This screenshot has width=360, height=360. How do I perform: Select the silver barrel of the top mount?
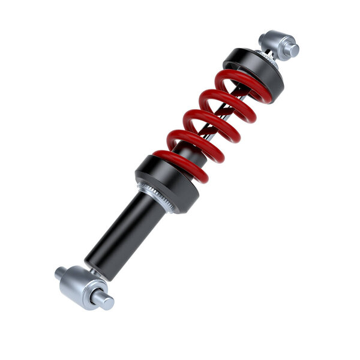[x=276, y=42]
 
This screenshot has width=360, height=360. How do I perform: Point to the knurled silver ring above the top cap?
[x=265, y=55]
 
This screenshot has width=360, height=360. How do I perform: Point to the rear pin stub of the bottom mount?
[x=60, y=273]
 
